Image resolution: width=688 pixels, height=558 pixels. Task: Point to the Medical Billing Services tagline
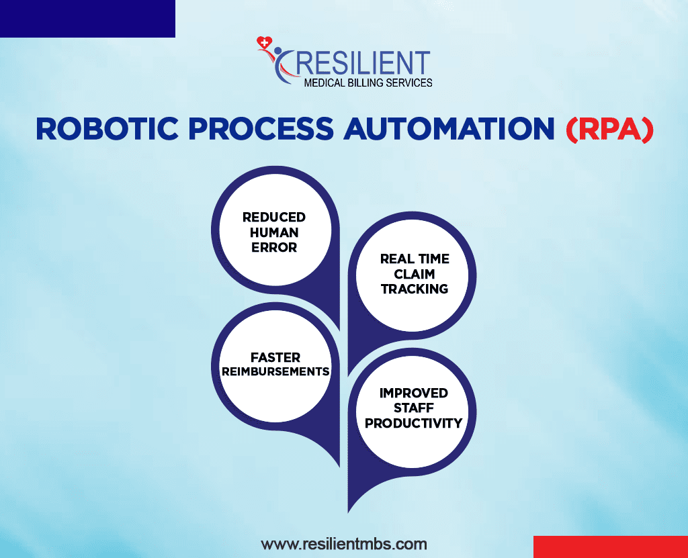click(368, 83)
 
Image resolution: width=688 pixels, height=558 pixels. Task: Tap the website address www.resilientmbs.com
click(343, 543)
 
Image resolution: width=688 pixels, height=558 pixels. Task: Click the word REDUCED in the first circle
click(274, 217)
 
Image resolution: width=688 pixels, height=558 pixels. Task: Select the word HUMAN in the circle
click(274, 232)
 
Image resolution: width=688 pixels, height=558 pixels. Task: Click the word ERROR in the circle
click(274, 247)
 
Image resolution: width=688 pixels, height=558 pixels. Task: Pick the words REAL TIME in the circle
click(415, 259)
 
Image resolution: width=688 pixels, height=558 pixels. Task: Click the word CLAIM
click(415, 274)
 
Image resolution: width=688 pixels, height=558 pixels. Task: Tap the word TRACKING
click(415, 289)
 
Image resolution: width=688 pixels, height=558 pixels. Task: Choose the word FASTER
click(275, 357)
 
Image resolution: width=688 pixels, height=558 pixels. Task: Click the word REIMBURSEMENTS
click(275, 372)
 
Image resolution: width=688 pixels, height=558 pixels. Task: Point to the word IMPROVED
click(413, 393)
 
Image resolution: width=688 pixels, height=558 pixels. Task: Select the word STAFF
click(413, 408)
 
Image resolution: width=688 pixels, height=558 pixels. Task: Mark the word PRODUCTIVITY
click(413, 423)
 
